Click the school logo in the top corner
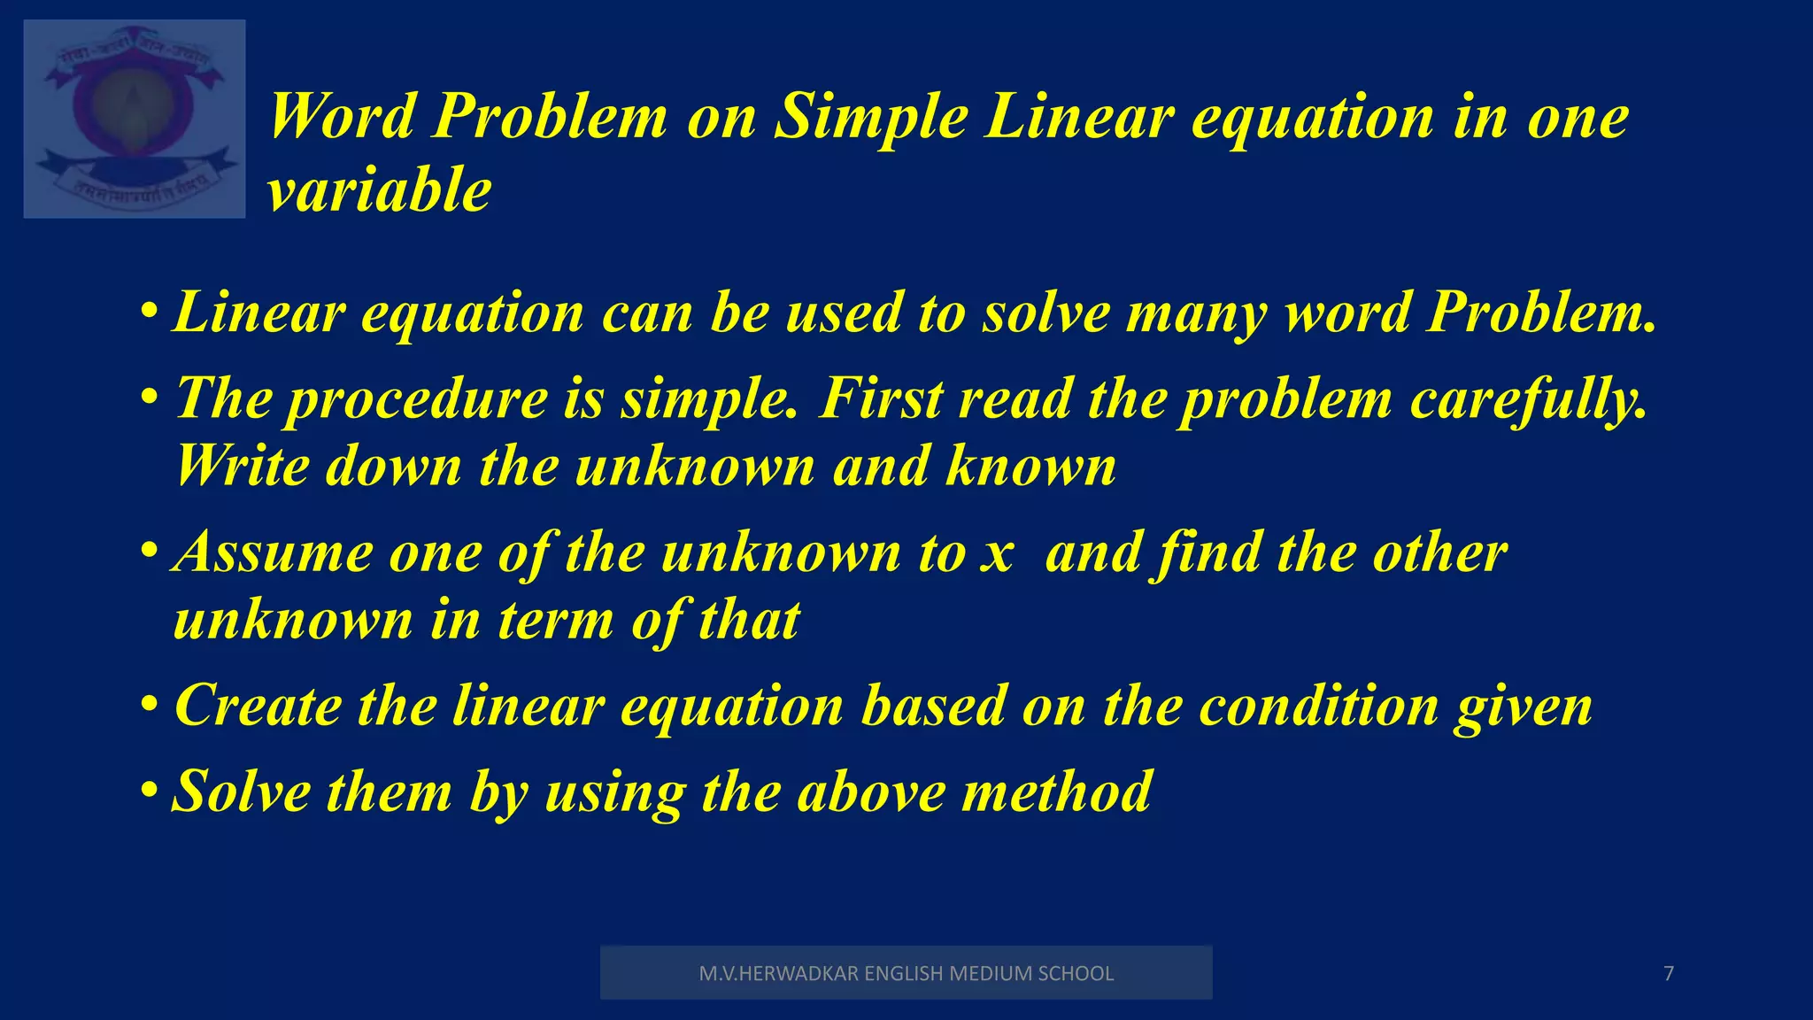pyautogui.click(x=135, y=119)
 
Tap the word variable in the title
pyautogui.click(x=379, y=190)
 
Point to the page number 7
pyautogui.click(x=1669, y=974)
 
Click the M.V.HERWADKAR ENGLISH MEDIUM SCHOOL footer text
pyautogui.click(x=906, y=974)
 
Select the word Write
pyautogui.click(x=242, y=466)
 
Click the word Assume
pyautogui.click(x=273, y=552)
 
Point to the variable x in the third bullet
pyautogui.click(x=998, y=554)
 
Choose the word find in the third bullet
pyautogui.click(x=1209, y=552)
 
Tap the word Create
pyautogui.click(x=258, y=706)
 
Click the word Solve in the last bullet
pyautogui.click(x=240, y=791)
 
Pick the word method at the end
pyautogui.click(x=1057, y=791)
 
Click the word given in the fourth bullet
pyautogui.click(x=1523, y=707)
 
